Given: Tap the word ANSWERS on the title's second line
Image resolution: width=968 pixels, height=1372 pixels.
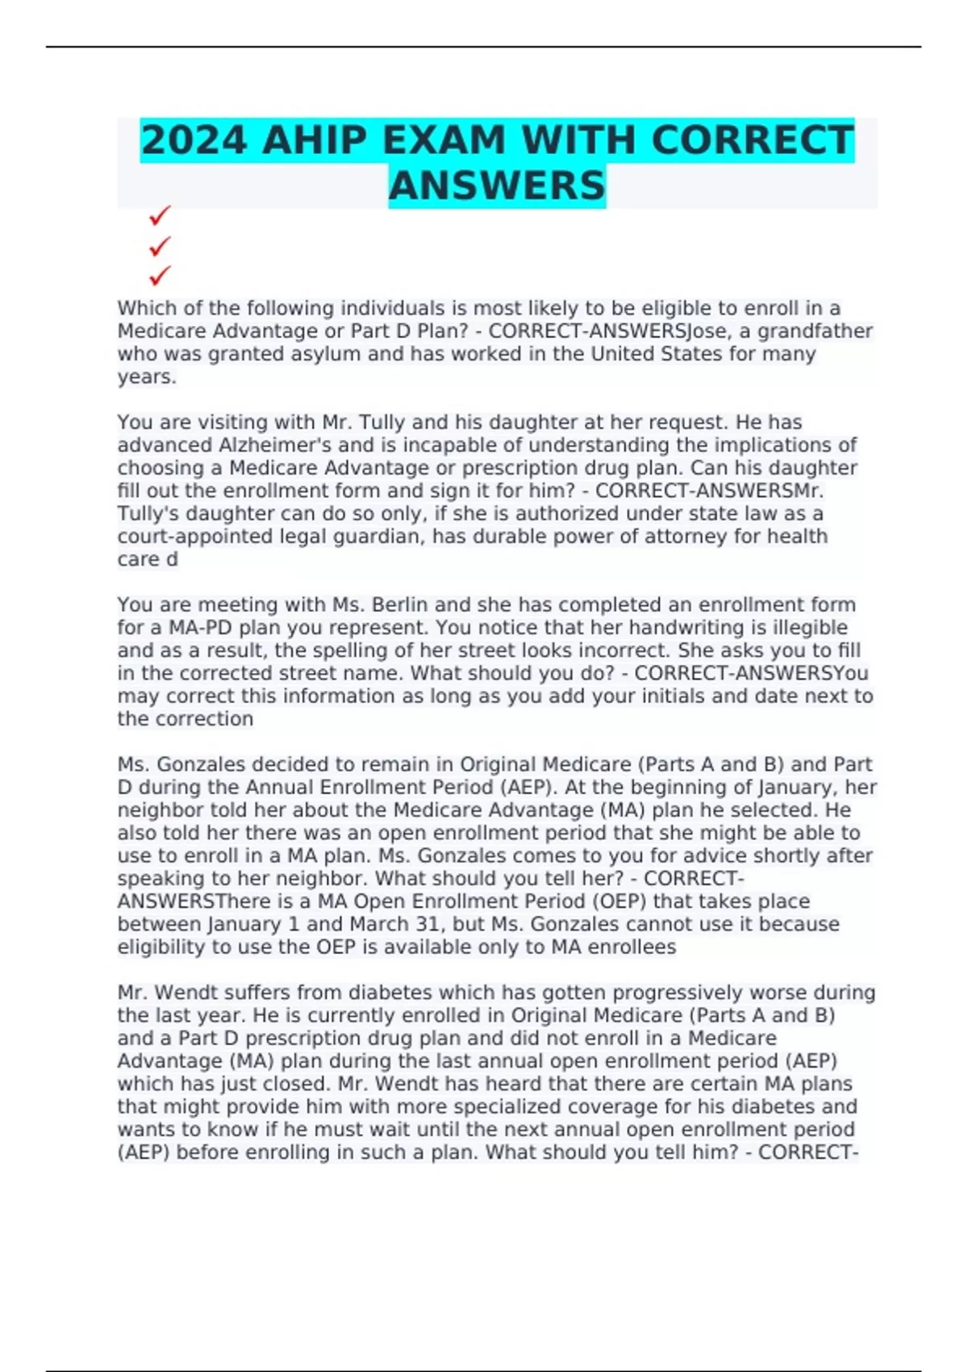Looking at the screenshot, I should point(497,186).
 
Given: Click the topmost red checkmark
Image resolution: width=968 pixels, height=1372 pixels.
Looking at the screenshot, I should point(160,215).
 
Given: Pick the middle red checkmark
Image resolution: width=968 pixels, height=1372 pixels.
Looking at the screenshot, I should point(160,245).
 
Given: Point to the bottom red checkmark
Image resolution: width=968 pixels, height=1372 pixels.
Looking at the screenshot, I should point(160,276).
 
